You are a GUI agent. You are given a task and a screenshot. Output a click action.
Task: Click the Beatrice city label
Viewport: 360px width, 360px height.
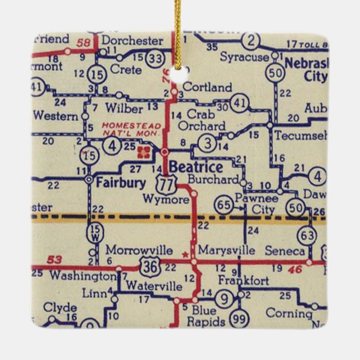tap(196, 167)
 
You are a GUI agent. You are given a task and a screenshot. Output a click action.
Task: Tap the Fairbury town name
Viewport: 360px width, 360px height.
tap(121, 182)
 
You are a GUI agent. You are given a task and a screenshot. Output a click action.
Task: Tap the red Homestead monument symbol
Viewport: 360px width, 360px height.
tap(145, 151)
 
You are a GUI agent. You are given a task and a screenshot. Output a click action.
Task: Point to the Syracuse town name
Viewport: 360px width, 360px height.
tap(244, 57)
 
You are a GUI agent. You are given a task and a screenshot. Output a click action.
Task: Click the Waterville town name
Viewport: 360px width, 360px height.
tap(154, 286)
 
